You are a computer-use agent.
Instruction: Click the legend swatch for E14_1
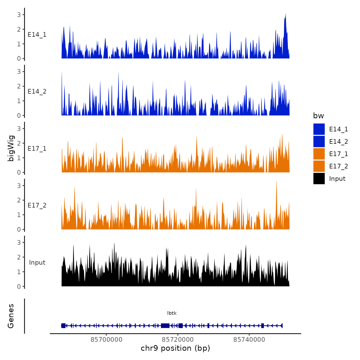[319, 129]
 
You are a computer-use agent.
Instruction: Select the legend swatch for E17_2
[319, 166]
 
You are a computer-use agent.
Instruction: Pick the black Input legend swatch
[319, 178]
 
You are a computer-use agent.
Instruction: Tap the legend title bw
[318, 116]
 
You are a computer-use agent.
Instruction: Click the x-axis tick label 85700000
[106, 339]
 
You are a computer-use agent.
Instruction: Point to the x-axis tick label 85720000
[178, 339]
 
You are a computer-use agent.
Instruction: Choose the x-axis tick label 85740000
[249, 339]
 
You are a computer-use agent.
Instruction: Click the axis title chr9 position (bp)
[175, 348]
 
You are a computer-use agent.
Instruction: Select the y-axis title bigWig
[11, 148]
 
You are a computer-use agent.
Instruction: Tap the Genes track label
[11, 316]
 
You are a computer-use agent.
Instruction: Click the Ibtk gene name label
[172, 313]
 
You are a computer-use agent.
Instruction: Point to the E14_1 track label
[37, 35]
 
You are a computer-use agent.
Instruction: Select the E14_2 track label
[37, 92]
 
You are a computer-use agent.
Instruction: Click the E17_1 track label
[37, 149]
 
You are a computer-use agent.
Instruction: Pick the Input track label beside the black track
[37, 263]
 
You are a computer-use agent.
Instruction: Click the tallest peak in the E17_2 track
[276, 182]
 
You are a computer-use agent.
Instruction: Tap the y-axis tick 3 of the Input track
[19, 242]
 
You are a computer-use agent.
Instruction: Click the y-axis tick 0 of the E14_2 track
[19, 115]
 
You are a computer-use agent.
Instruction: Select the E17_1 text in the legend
[338, 154]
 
